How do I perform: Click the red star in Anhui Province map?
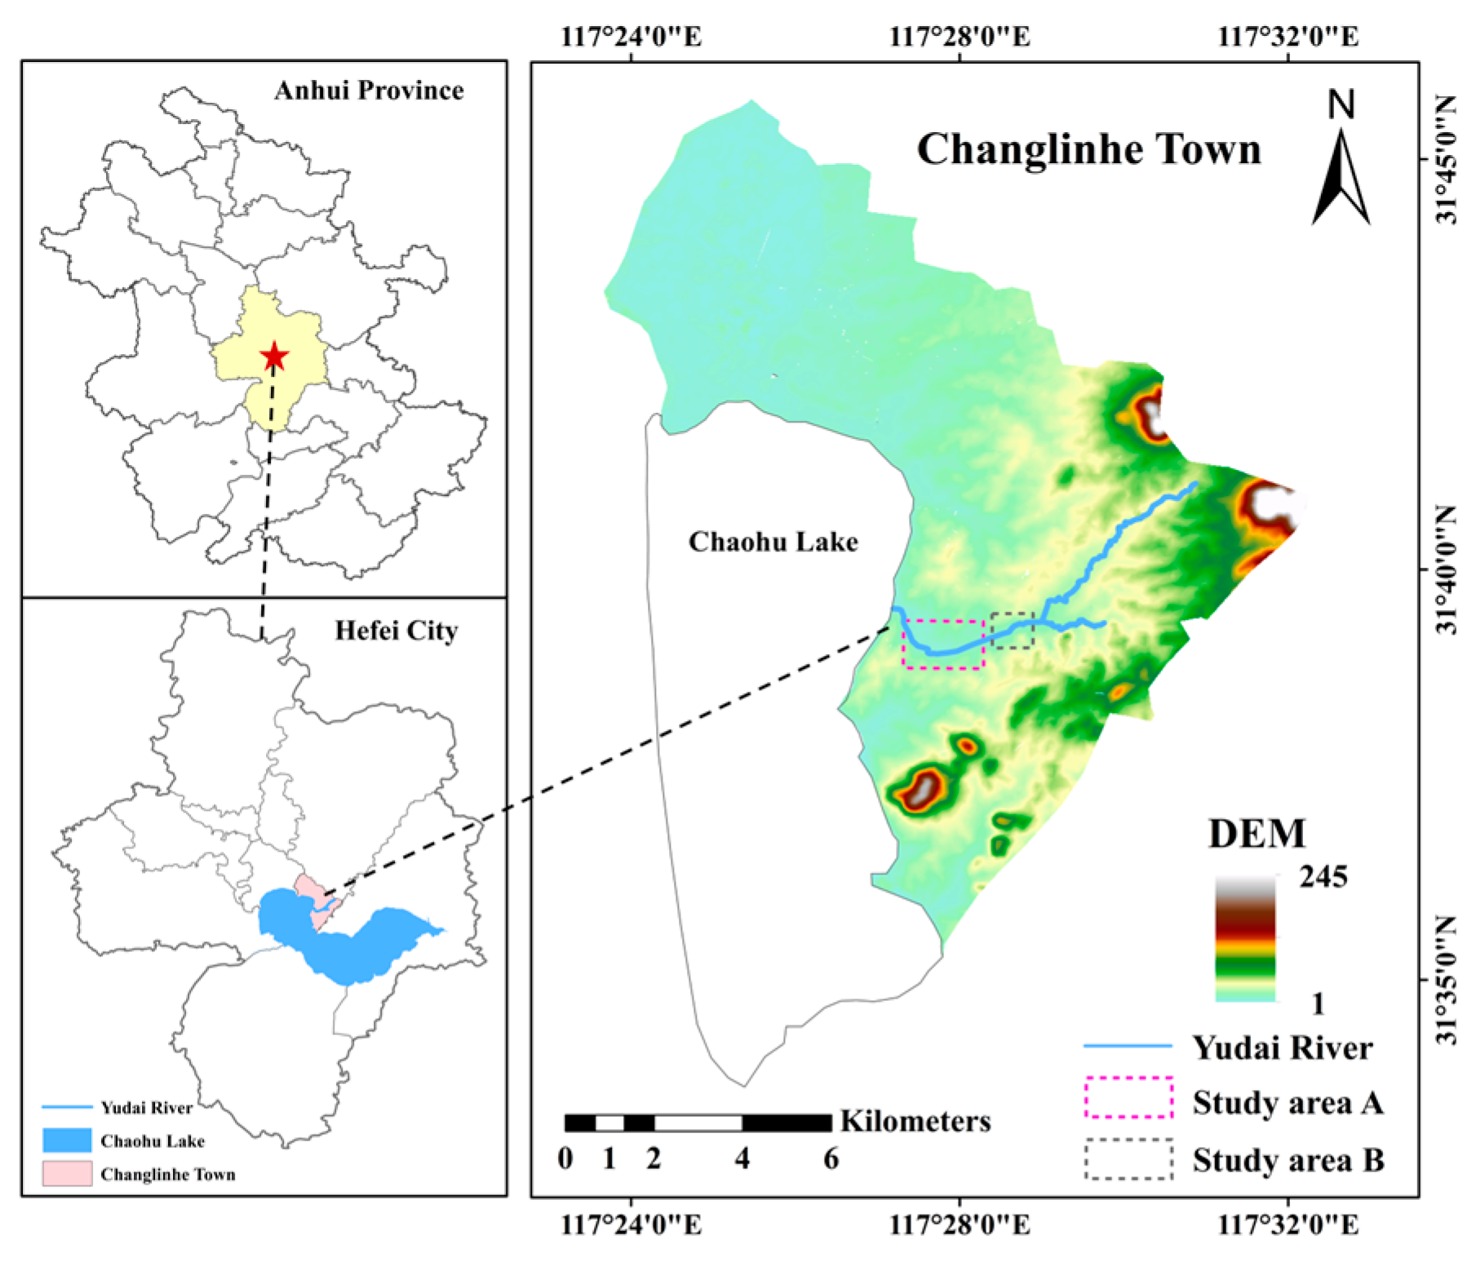[274, 356]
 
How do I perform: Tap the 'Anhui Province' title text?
[369, 90]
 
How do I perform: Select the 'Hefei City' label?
[396, 631]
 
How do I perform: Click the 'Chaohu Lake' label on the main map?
[773, 542]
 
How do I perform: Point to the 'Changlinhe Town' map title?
[1088, 150]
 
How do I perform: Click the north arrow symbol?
[1341, 163]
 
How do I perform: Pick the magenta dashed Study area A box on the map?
[943, 644]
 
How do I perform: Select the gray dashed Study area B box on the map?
[1013, 631]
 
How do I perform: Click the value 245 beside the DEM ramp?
[1323, 877]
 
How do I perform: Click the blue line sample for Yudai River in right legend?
[1128, 1047]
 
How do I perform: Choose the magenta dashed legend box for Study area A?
[1128, 1098]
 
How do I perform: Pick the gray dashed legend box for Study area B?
[1128, 1159]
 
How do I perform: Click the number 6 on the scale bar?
[831, 1158]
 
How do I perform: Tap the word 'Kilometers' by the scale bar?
[915, 1121]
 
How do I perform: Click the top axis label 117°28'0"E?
[960, 37]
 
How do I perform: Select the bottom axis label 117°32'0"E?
[1288, 1225]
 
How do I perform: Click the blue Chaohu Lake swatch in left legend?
[67, 1140]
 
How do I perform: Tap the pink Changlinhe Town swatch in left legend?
[67, 1174]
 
